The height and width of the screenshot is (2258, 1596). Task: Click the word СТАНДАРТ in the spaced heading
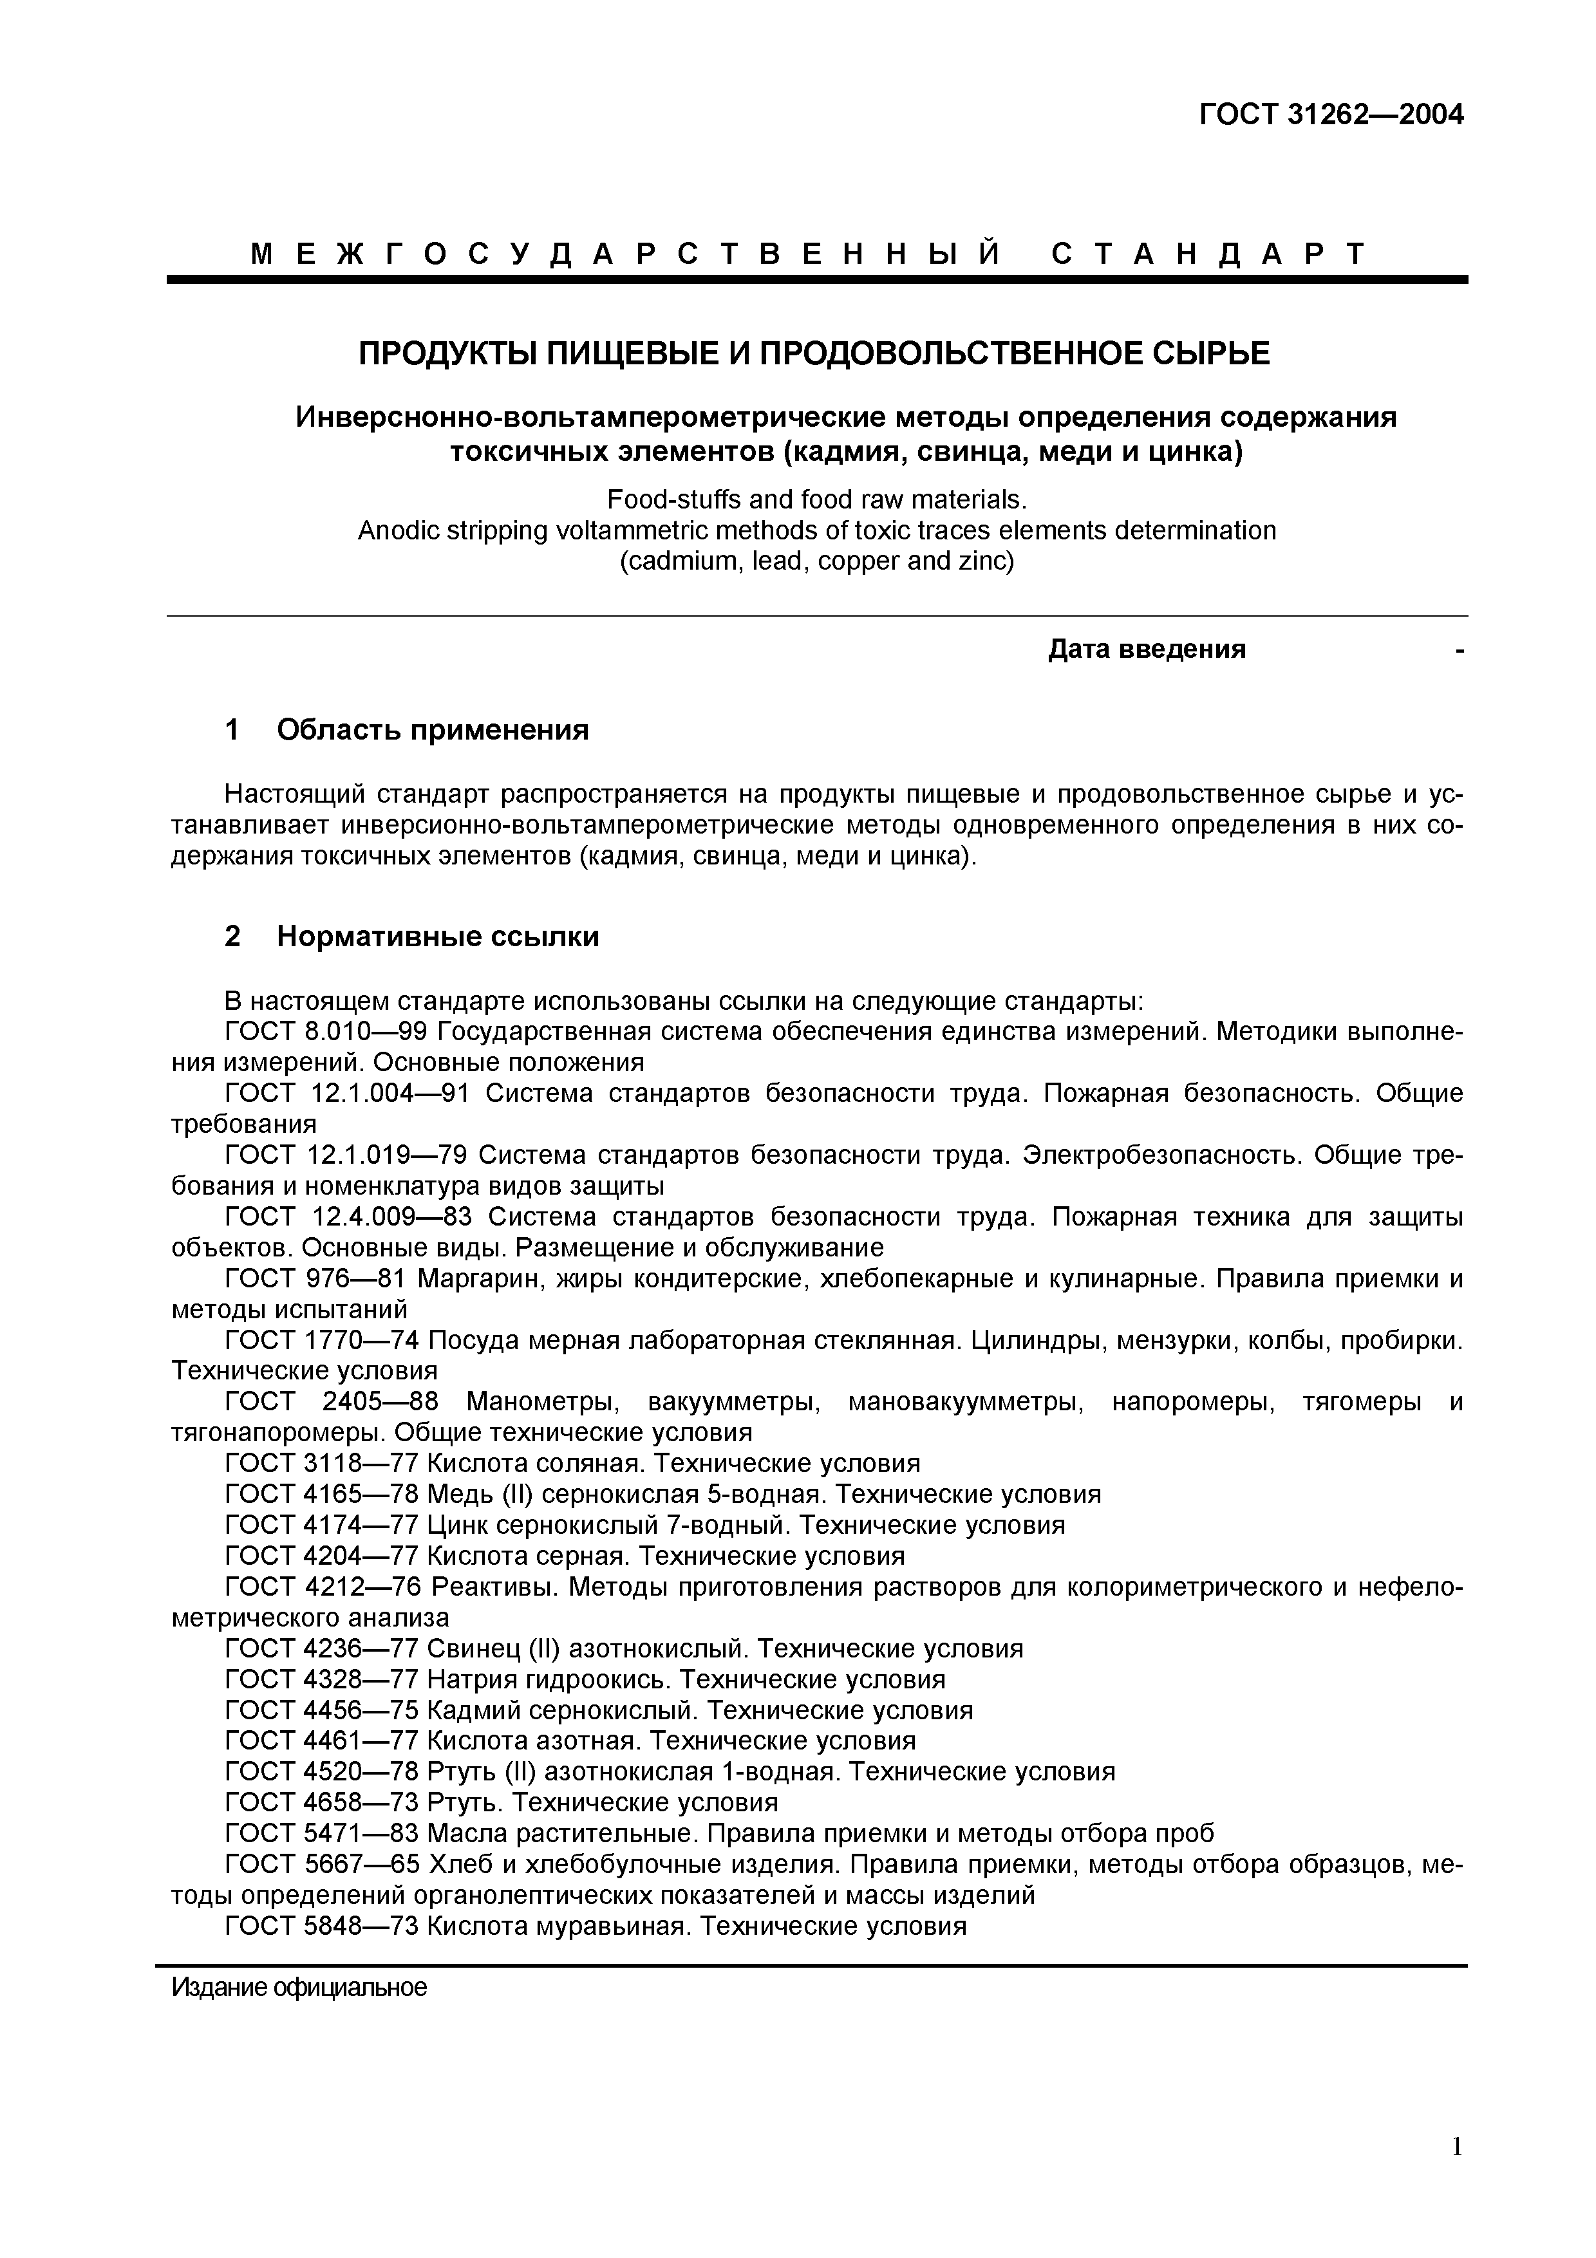tap(1208, 255)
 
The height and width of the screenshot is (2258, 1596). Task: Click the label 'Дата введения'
tap(1147, 649)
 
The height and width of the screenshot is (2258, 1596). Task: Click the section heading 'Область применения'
tap(433, 730)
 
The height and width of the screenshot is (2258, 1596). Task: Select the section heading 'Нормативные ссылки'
tap(438, 937)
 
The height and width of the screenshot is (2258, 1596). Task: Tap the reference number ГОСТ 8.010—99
tap(328, 1032)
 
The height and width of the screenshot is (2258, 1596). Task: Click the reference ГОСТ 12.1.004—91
tap(347, 1094)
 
